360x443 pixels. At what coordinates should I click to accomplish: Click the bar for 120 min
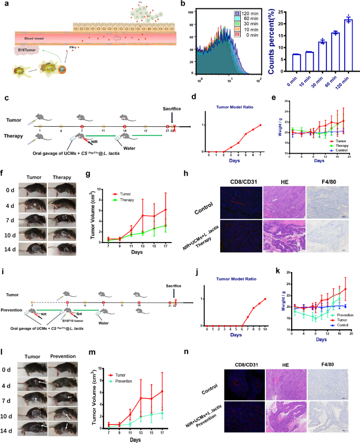click(x=348, y=46)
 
